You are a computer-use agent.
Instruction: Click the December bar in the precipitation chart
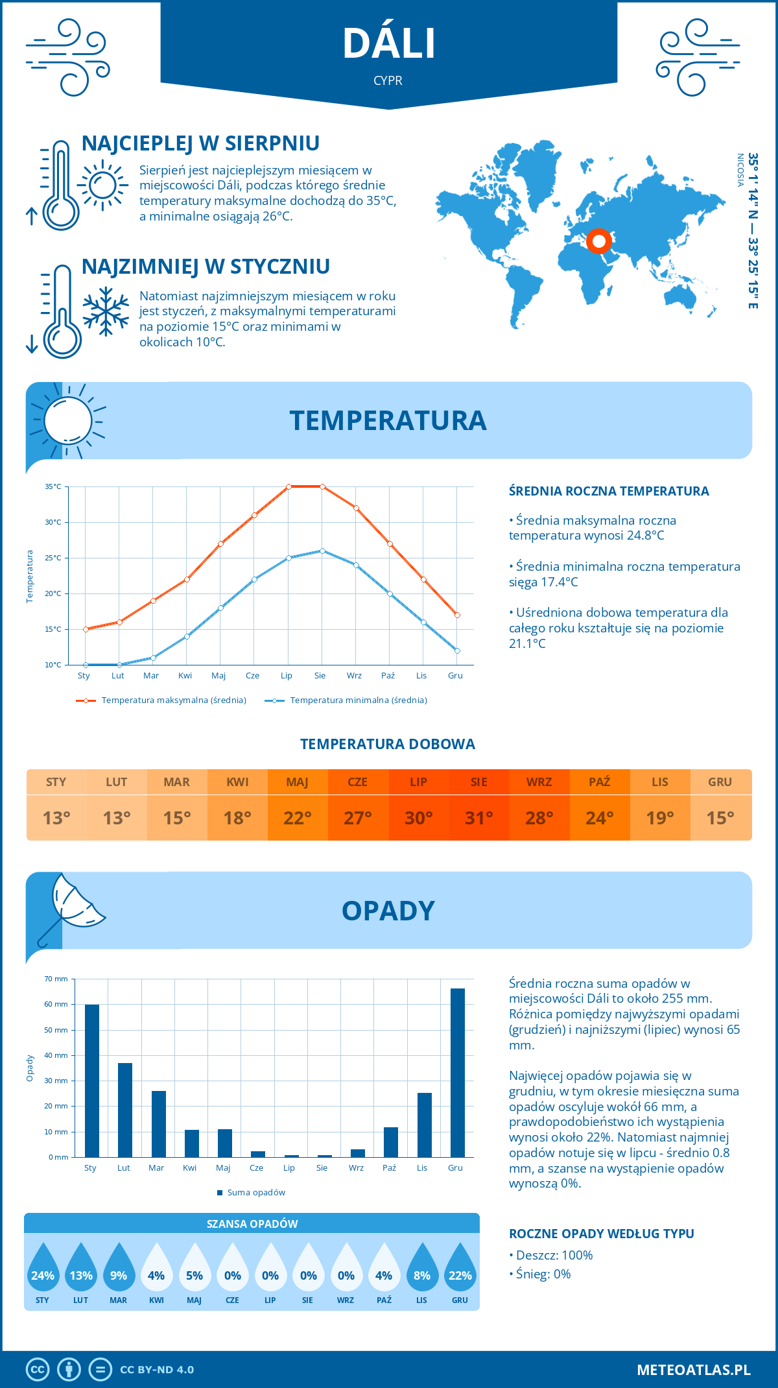coord(458,1073)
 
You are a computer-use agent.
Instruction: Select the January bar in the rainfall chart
coord(92,1081)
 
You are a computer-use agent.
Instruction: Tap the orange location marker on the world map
coord(599,241)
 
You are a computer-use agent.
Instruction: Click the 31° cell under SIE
coord(479,818)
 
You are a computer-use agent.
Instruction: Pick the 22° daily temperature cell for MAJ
coord(298,818)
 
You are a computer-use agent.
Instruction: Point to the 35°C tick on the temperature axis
coord(53,486)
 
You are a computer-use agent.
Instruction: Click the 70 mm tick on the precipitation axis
coord(56,979)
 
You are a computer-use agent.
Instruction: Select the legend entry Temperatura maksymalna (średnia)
coord(174,700)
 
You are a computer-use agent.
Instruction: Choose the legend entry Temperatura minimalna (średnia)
coord(359,700)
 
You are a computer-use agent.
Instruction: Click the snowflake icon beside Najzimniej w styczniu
coord(106,311)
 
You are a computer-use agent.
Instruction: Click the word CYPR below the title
coord(388,80)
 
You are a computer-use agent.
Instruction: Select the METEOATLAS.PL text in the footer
coord(694,1370)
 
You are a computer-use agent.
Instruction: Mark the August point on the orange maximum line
coord(322,486)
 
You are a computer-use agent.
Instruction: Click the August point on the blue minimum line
coord(322,551)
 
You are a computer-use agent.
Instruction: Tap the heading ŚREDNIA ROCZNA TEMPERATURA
coord(609,491)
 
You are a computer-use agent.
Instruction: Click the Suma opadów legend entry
coord(256,1193)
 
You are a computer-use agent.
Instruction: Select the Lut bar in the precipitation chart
coord(125,1110)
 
